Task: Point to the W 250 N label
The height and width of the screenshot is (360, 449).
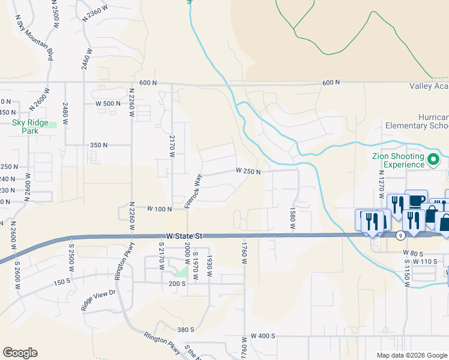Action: [x=249, y=172]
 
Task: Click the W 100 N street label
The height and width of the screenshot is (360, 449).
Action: [x=160, y=209]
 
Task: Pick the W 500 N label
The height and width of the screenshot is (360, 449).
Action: [x=108, y=103]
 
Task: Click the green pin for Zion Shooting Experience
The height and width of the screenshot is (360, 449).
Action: [x=435, y=160]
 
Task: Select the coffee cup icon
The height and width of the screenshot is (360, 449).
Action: [x=416, y=200]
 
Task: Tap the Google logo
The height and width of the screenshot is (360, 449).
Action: [x=20, y=353]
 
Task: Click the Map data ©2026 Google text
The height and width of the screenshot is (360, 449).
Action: [x=411, y=355]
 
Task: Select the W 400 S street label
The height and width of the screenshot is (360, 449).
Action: [x=263, y=336]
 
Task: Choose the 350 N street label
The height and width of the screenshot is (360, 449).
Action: [x=98, y=145]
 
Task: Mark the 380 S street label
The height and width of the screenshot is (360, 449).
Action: [x=185, y=329]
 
